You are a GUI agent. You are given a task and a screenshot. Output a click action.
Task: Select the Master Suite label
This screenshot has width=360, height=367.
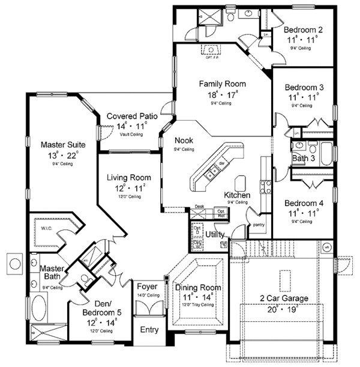pos(63,145)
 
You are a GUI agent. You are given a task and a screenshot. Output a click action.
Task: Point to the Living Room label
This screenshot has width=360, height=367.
pos(129,178)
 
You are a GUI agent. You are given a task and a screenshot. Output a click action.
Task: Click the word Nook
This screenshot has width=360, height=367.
pos(183,141)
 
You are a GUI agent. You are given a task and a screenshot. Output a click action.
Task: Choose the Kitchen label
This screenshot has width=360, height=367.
pos(236,195)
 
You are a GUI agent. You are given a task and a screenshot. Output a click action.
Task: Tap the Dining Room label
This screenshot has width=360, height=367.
pos(198,287)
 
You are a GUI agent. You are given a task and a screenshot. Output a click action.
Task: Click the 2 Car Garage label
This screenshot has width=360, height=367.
pos(284,298)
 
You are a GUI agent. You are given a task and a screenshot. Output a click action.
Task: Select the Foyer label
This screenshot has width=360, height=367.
pos(147,287)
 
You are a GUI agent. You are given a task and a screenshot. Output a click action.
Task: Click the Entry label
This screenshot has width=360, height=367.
pos(148,330)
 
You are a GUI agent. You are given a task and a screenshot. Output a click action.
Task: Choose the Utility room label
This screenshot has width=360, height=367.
pos(214,234)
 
